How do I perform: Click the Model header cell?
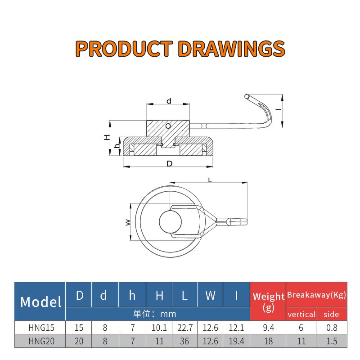click(x=40, y=301)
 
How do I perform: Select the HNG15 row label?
click(x=40, y=328)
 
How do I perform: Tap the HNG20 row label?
click(x=40, y=341)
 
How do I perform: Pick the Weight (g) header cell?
click(x=268, y=301)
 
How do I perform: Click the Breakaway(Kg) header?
click(x=316, y=295)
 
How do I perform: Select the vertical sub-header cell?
click(x=301, y=314)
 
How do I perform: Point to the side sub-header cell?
click(x=332, y=314)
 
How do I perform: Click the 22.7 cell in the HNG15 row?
click(x=184, y=328)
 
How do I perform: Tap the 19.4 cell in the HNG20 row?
click(x=236, y=341)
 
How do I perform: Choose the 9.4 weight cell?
click(x=268, y=328)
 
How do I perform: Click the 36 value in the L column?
click(x=184, y=341)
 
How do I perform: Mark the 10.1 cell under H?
click(x=159, y=328)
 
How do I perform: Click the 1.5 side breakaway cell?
click(x=332, y=341)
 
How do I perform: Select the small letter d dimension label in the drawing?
click(x=169, y=101)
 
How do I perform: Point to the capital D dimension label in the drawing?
click(x=169, y=164)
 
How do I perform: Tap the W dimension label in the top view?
click(x=128, y=222)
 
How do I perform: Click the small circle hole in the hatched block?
click(x=168, y=126)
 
